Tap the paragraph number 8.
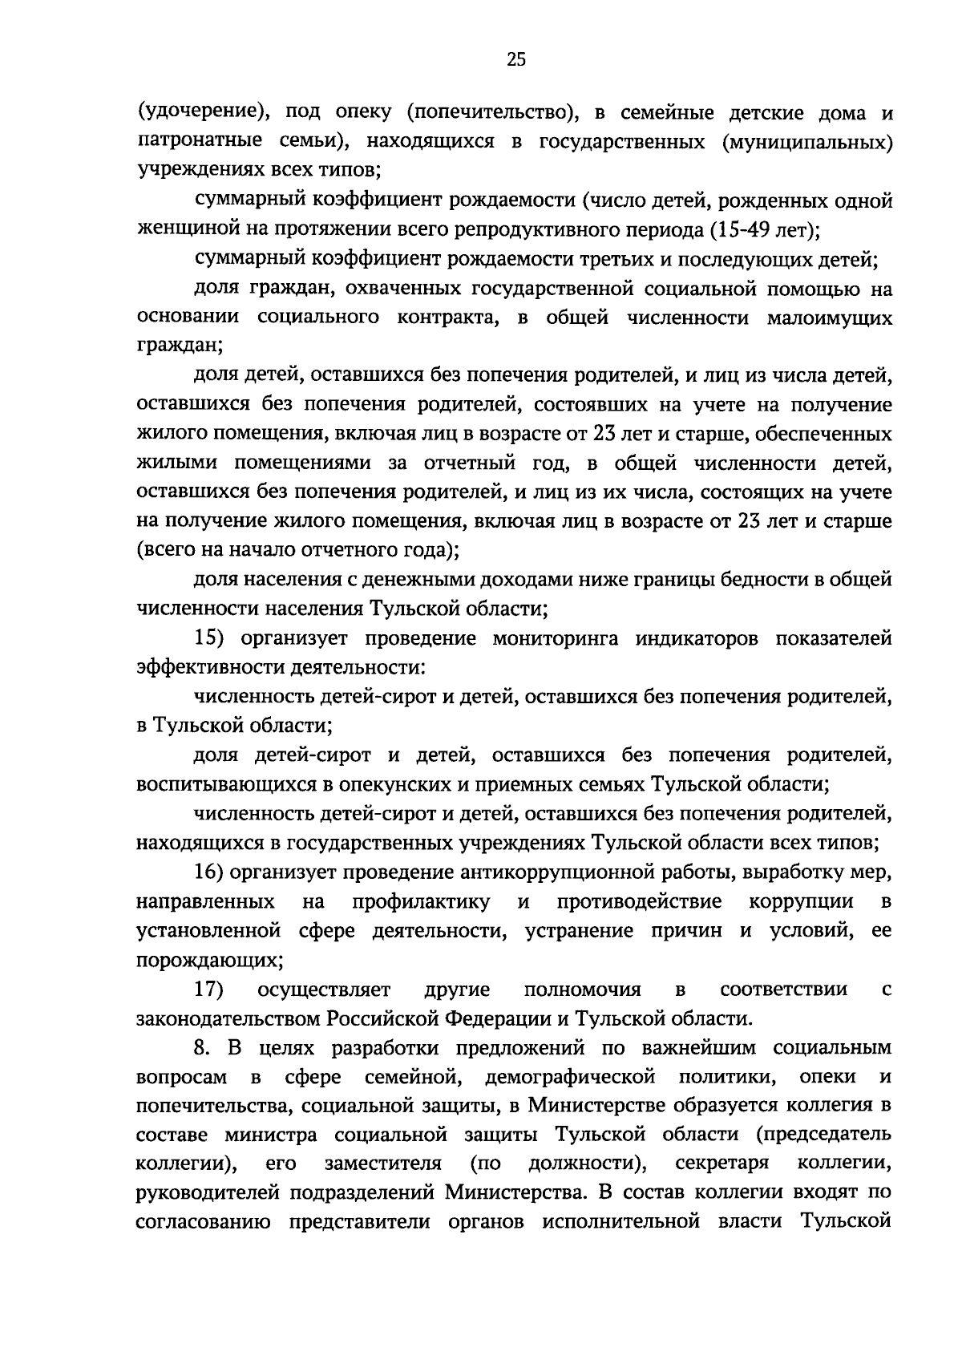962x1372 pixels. tap(201, 1047)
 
